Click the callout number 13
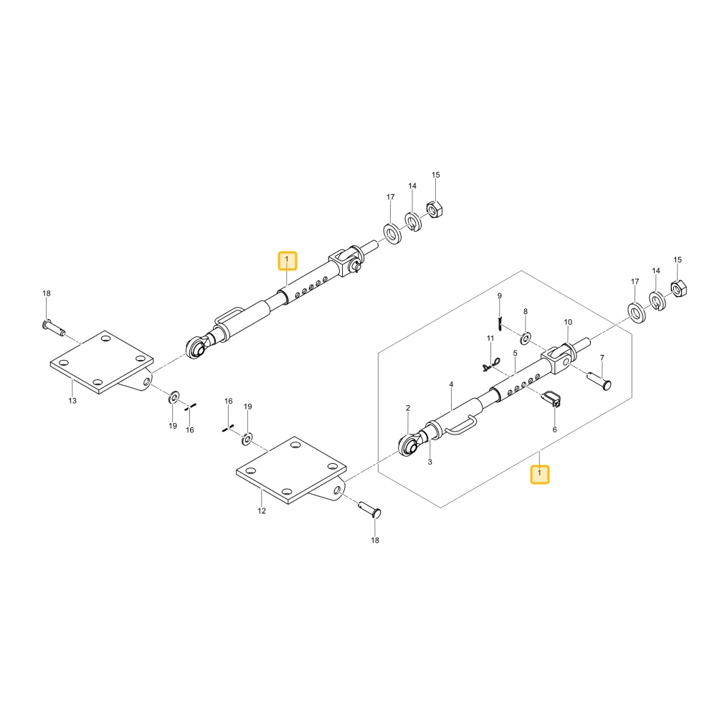click(x=72, y=401)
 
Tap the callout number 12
click(x=262, y=511)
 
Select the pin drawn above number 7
click(x=599, y=380)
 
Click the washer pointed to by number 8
click(x=526, y=339)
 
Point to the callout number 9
click(x=499, y=296)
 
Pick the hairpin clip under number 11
click(x=491, y=364)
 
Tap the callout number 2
click(x=408, y=408)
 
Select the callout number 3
click(x=429, y=462)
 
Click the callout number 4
click(x=451, y=384)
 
